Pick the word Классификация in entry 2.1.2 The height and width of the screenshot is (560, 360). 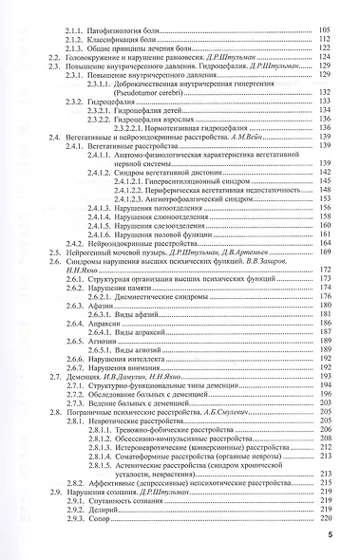[125, 42]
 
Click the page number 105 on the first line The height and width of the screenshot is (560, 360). [328, 32]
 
